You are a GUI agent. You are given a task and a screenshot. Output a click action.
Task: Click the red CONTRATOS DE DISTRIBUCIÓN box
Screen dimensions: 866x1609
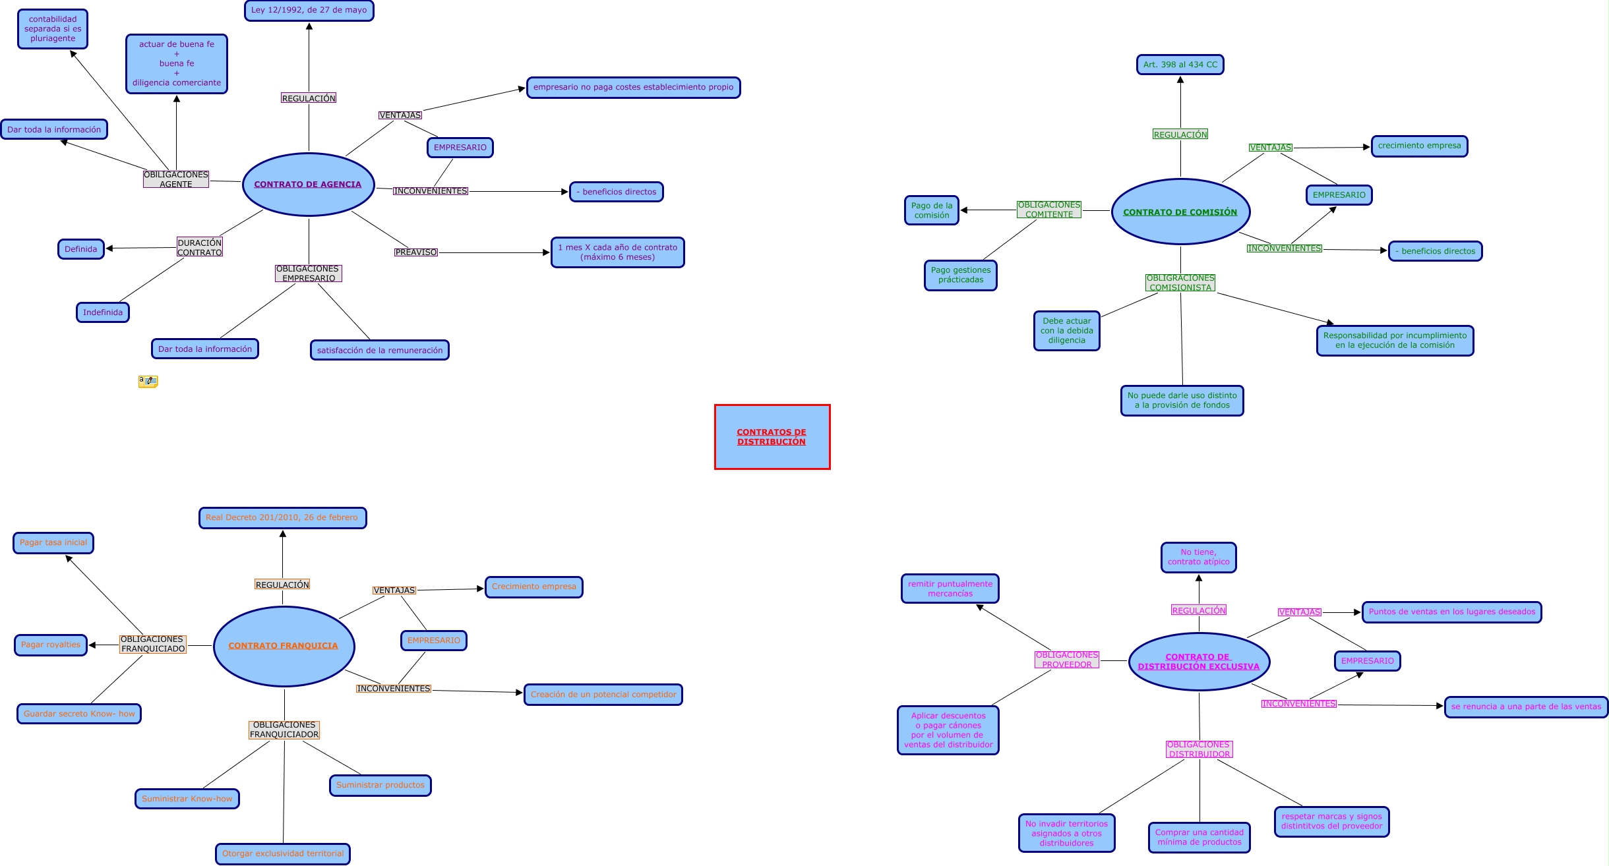(x=772, y=437)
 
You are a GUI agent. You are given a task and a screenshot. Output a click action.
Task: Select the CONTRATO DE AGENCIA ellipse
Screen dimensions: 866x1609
(x=308, y=185)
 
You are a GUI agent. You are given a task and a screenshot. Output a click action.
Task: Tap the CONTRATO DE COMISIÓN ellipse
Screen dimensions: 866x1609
(x=1180, y=212)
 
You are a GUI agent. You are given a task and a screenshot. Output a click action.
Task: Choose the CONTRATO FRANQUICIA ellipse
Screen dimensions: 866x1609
(x=284, y=646)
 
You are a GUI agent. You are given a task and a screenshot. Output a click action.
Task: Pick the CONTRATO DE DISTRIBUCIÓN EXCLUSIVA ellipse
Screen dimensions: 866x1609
(x=1199, y=662)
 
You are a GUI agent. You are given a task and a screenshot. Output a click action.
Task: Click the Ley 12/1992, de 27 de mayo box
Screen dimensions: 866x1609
(x=309, y=11)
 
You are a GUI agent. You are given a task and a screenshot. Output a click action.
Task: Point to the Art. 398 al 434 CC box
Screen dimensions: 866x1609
(x=1180, y=65)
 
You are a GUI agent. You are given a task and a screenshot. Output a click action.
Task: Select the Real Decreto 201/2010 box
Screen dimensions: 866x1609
(x=282, y=518)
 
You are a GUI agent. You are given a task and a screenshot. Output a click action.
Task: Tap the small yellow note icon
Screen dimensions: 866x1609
(x=148, y=381)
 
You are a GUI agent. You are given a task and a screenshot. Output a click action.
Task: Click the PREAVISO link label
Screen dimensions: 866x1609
(x=416, y=252)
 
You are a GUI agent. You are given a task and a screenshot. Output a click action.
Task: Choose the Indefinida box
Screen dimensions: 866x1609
(x=103, y=312)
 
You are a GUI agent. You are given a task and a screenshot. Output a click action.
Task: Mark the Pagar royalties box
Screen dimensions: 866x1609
(x=51, y=645)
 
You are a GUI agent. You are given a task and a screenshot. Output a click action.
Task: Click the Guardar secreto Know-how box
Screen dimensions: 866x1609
(x=79, y=714)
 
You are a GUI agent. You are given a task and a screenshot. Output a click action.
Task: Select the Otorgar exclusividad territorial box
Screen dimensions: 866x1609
(x=283, y=853)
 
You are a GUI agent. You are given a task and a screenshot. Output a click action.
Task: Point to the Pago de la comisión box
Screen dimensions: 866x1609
(x=932, y=210)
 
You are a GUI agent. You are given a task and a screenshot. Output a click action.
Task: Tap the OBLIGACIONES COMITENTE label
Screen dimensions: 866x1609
(x=1049, y=210)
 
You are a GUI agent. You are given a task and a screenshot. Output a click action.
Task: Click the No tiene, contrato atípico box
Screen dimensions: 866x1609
(x=1199, y=558)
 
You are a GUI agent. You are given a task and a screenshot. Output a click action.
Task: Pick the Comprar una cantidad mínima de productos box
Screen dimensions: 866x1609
(x=1199, y=838)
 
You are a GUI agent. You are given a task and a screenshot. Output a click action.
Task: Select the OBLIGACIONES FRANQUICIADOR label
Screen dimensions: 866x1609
(x=284, y=730)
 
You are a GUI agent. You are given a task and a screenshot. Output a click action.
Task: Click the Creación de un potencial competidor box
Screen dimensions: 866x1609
(x=603, y=695)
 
